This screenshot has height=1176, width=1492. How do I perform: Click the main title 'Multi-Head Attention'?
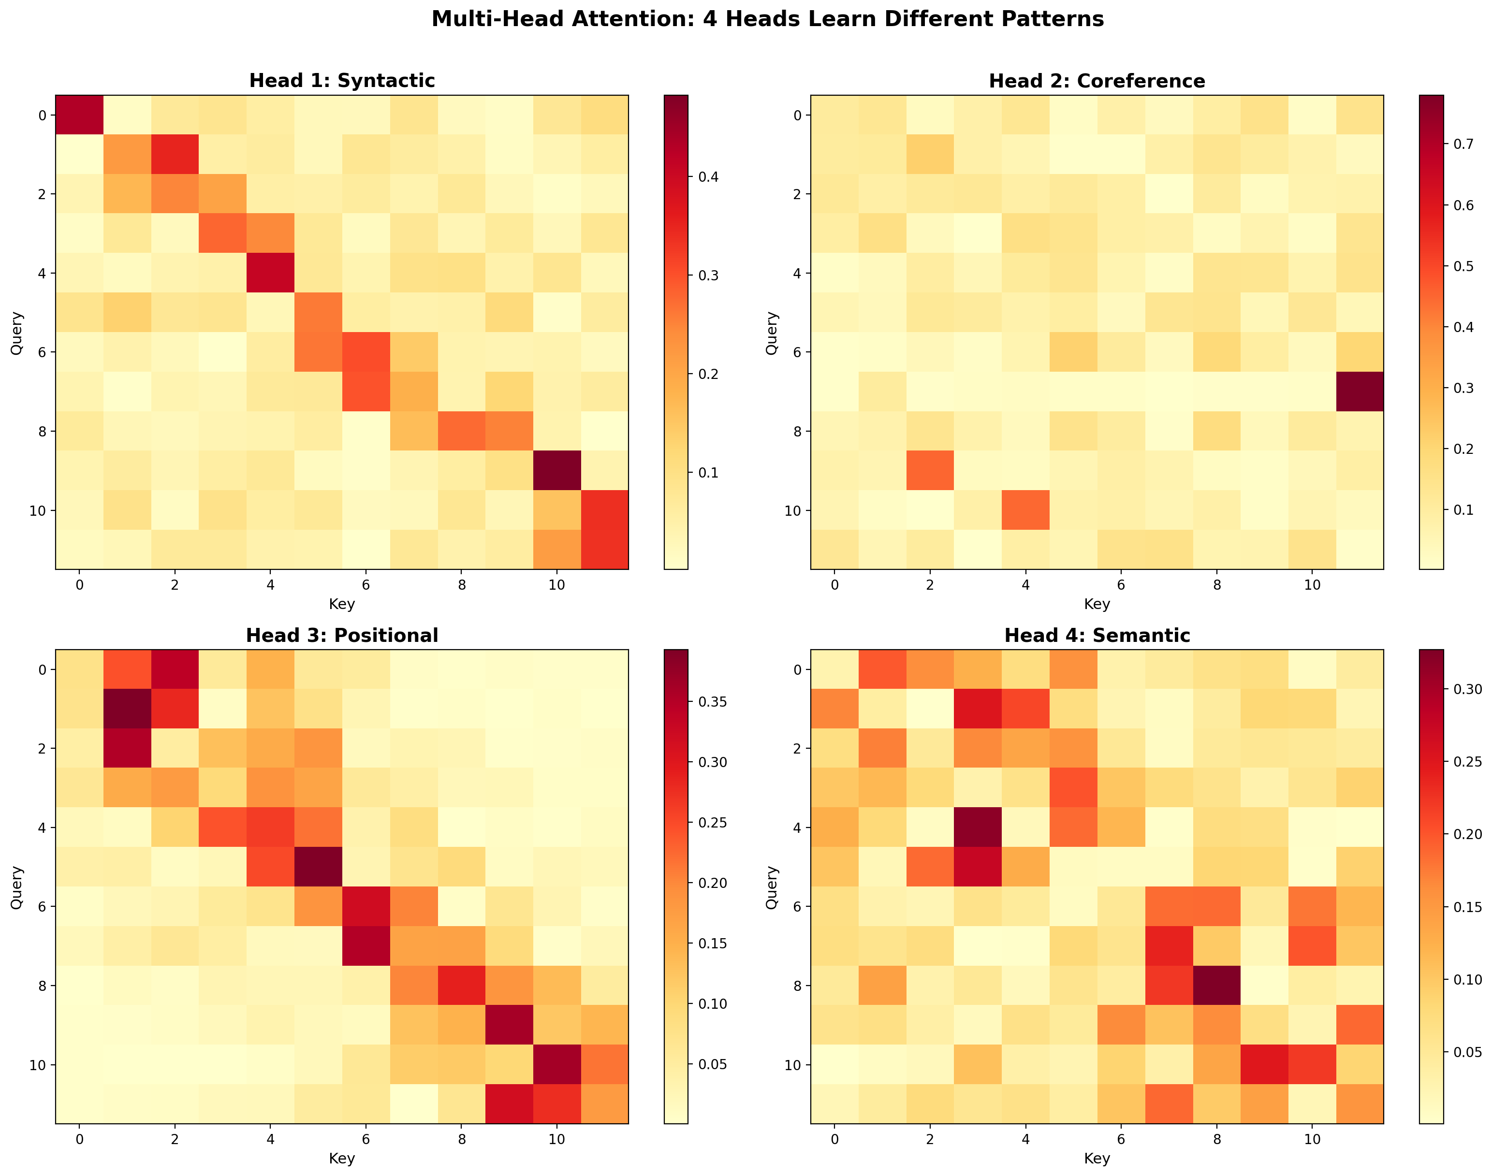(767, 18)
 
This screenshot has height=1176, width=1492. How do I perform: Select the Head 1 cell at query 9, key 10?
(556, 470)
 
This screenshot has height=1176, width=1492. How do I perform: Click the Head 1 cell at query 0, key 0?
(79, 115)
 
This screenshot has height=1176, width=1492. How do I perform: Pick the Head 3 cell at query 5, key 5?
(318, 867)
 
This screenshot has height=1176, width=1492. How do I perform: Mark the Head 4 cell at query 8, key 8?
(1216, 985)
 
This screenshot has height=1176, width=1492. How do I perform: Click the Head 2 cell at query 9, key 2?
(930, 470)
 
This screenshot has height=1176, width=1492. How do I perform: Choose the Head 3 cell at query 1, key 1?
(127, 709)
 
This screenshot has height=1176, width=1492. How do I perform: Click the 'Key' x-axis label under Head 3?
(341, 1158)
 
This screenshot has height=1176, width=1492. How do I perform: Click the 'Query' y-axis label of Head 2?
(772, 333)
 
